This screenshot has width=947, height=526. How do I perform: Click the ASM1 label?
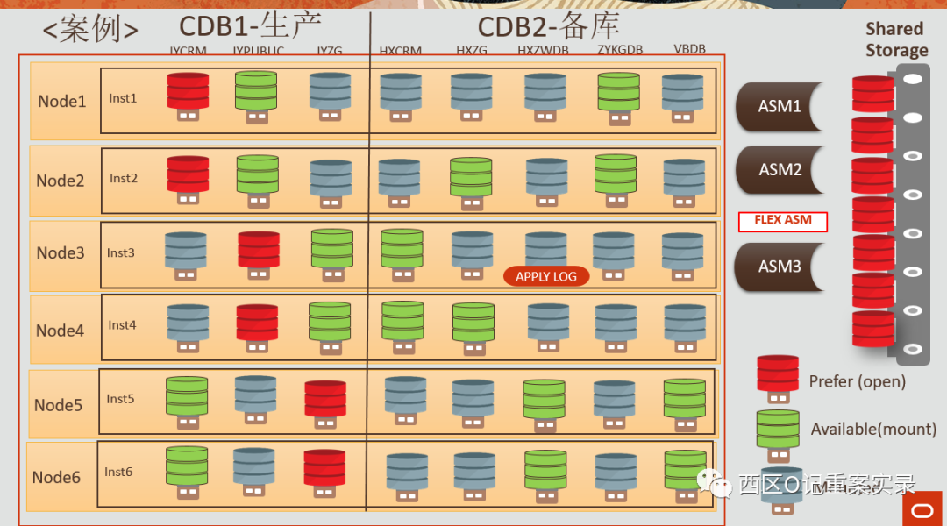pyautogui.click(x=780, y=106)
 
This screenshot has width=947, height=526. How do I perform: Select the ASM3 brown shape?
pyautogui.click(x=780, y=266)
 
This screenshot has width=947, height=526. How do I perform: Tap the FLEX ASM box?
pyautogui.click(x=783, y=221)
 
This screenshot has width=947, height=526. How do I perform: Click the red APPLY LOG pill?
pyautogui.click(x=545, y=276)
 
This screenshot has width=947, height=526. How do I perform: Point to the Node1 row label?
pyautogui.click(x=62, y=101)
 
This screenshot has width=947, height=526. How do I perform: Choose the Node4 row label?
pyautogui.click(x=61, y=331)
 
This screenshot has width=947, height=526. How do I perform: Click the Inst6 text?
pyautogui.click(x=118, y=472)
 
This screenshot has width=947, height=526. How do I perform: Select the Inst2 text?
pyautogui.click(x=124, y=178)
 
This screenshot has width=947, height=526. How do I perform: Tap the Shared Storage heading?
pyautogui.click(x=896, y=39)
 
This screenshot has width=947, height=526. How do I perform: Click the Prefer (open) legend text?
pyautogui.click(x=857, y=381)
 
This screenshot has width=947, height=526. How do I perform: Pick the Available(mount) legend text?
pyautogui.click(x=873, y=429)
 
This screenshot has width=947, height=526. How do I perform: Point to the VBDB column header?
pyautogui.click(x=690, y=50)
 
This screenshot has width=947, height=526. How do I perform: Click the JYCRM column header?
pyautogui.click(x=189, y=51)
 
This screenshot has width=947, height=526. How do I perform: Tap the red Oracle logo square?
pyautogui.click(x=922, y=508)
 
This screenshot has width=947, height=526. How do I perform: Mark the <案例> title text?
pyautogui.click(x=90, y=30)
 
